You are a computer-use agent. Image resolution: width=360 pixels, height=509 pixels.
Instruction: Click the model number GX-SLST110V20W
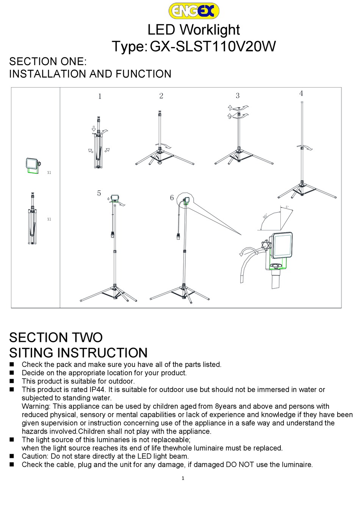[x=213, y=47]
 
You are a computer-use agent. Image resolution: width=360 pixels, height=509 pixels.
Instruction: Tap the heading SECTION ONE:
[x=48, y=61]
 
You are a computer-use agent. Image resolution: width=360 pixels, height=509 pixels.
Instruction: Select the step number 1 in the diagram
[x=100, y=96]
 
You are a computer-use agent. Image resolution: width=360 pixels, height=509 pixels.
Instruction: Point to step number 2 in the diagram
[x=161, y=96]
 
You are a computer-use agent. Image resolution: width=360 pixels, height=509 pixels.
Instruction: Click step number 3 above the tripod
[x=238, y=96]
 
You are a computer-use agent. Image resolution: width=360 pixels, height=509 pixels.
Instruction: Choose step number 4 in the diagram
[x=301, y=93]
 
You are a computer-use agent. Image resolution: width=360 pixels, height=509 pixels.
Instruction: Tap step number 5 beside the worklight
[x=99, y=193]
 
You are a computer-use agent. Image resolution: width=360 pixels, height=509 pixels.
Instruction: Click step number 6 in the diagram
[x=172, y=197]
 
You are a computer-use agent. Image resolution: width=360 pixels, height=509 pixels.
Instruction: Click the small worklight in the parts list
[x=31, y=166]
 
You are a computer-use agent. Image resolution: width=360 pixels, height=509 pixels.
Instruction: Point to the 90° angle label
[x=265, y=216]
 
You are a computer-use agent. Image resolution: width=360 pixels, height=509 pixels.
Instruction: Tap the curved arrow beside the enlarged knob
[x=247, y=251]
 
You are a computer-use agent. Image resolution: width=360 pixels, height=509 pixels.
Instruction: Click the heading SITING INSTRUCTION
[x=78, y=352]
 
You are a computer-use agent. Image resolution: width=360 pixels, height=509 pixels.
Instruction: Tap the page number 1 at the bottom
[x=183, y=478]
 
